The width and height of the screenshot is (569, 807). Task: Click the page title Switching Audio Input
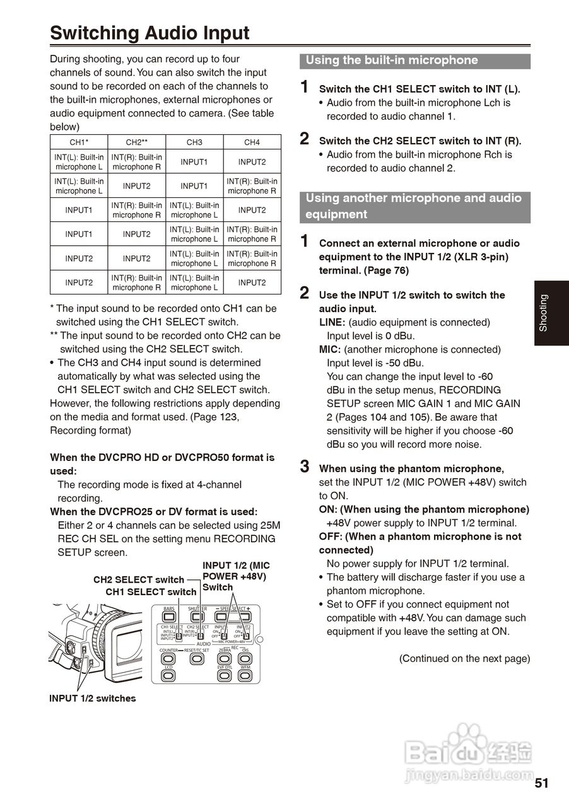point(150,33)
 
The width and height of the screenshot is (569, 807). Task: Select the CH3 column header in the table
point(194,142)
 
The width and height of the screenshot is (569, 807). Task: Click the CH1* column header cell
point(79,142)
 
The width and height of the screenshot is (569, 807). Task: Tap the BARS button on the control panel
point(168,615)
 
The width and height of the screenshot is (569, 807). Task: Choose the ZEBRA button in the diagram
point(224,659)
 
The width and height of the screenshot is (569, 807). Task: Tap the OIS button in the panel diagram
point(245,659)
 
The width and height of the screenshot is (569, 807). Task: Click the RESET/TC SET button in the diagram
point(197,659)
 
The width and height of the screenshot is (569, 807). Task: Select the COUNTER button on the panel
point(168,659)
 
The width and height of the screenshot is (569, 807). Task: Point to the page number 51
point(541,784)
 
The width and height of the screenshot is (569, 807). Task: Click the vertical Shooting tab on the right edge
point(551,313)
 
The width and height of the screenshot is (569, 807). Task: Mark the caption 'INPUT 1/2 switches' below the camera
point(92,698)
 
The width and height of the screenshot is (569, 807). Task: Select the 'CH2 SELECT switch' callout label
point(139,579)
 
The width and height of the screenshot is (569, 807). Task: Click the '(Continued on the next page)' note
point(464,658)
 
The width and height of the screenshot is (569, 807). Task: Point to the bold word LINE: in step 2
point(332,322)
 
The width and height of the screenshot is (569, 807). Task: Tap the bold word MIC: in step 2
point(330,349)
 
